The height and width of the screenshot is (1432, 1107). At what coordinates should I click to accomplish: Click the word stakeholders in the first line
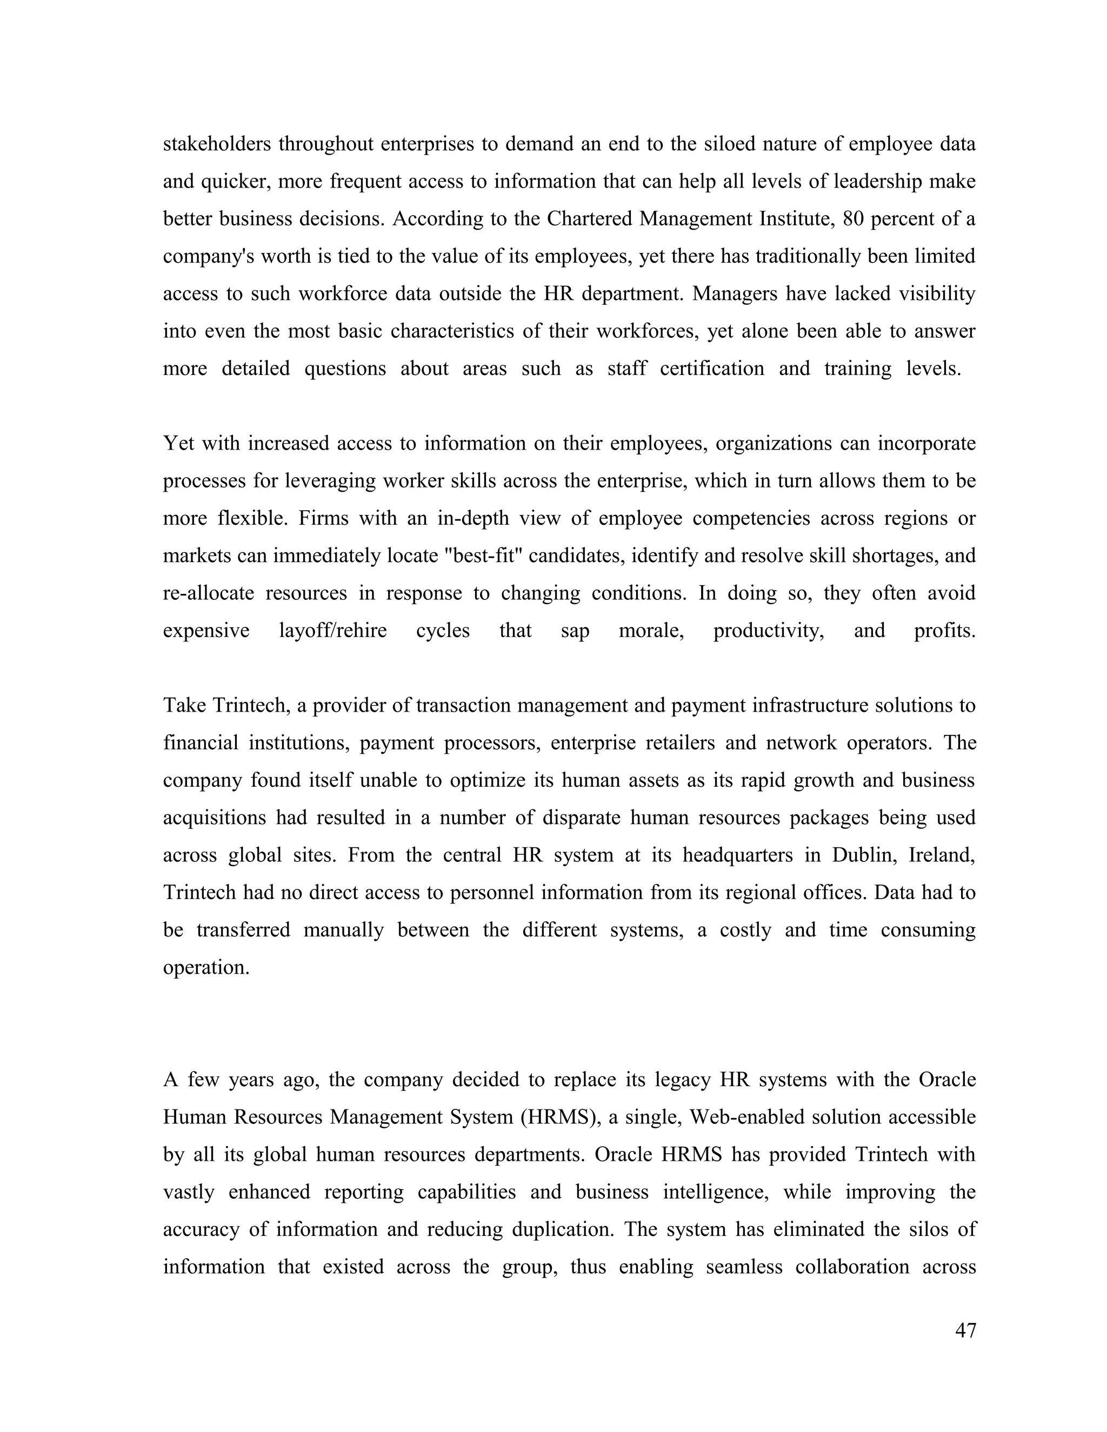[216, 144]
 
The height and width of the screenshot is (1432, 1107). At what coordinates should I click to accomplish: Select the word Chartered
[590, 218]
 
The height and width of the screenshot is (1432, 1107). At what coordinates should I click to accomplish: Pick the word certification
[711, 369]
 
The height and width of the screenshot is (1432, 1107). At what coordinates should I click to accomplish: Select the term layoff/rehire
[332, 630]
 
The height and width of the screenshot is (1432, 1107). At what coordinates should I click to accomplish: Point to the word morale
[651, 630]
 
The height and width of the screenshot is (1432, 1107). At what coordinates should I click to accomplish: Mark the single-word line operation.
[206, 967]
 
